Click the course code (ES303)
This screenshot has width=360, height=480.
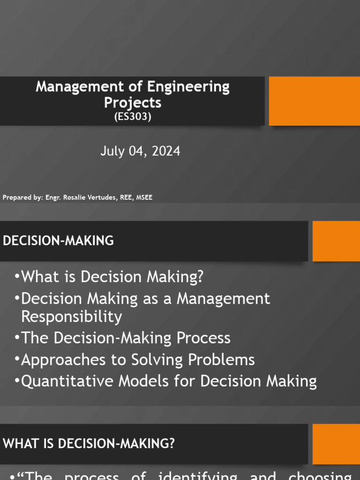click(133, 117)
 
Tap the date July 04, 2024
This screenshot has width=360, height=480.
click(140, 151)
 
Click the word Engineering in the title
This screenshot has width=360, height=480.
click(188, 87)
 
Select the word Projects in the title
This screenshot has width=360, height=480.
click(133, 102)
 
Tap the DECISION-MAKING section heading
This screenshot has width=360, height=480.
click(58, 241)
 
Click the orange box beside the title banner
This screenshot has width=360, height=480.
click(315, 101)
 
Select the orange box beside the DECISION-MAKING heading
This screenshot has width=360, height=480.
click(336, 241)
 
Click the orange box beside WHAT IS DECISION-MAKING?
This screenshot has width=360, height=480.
click(336, 444)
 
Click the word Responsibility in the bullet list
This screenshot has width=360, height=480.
click(72, 317)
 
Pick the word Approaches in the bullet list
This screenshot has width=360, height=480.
click(57, 360)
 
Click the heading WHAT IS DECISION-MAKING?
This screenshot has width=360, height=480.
click(89, 443)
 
